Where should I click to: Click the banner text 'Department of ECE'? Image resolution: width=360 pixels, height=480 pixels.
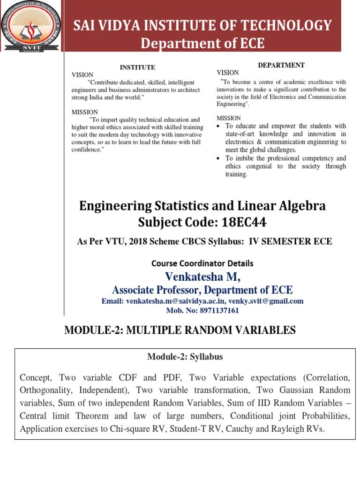pyautogui.click(x=202, y=43)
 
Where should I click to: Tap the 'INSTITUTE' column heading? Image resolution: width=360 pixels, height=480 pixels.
pyautogui.click(x=137, y=67)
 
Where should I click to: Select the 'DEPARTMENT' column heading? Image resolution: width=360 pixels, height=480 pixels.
pyautogui.click(x=281, y=65)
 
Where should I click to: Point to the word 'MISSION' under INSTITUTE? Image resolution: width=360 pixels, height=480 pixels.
pyautogui.click(x=85, y=112)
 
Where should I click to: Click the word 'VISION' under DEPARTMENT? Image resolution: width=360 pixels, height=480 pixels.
pyautogui.click(x=228, y=73)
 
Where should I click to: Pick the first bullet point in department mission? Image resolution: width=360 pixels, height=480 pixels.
pyautogui.click(x=219, y=126)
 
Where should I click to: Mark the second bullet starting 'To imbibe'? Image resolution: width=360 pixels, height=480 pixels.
pyautogui.click(x=219, y=158)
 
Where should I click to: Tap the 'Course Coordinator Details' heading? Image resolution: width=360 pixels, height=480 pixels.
pyautogui.click(x=202, y=263)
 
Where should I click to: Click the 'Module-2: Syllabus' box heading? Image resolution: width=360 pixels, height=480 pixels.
pyautogui.click(x=185, y=357)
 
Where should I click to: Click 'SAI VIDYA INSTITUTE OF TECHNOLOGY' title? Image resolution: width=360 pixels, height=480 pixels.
pyautogui.click(x=202, y=25)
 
